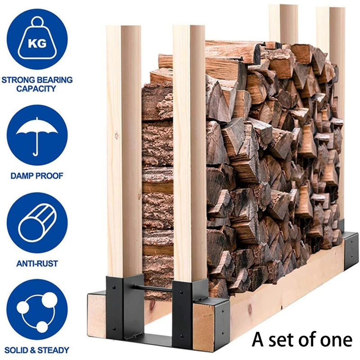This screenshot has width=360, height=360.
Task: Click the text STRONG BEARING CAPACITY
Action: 37,84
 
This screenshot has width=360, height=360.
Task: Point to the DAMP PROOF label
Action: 37,175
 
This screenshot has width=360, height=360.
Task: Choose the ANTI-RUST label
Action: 37,263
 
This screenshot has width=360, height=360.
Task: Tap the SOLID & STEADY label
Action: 37,350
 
